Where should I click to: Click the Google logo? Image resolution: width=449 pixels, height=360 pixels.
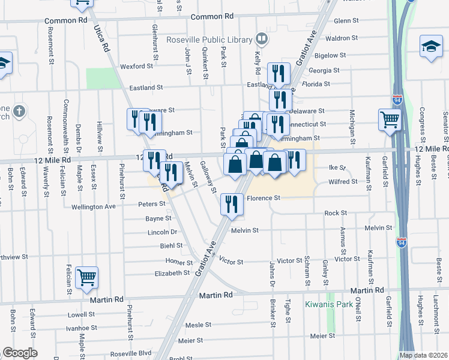[x=20, y=353]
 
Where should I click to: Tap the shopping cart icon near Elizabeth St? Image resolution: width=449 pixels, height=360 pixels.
[x=87, y=277]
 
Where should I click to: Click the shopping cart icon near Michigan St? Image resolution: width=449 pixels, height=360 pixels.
[x=389, y=120]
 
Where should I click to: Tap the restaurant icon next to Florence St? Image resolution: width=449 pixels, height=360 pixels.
[x=231, y=204]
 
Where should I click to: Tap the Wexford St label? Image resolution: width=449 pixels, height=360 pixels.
[x=133, y=67]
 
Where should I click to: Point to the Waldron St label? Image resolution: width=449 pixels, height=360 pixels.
[x=345, y=38]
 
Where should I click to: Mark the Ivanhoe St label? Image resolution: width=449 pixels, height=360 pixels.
[x=82, y=328]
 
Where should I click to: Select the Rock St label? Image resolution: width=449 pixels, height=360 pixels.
[x=336, y=213]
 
